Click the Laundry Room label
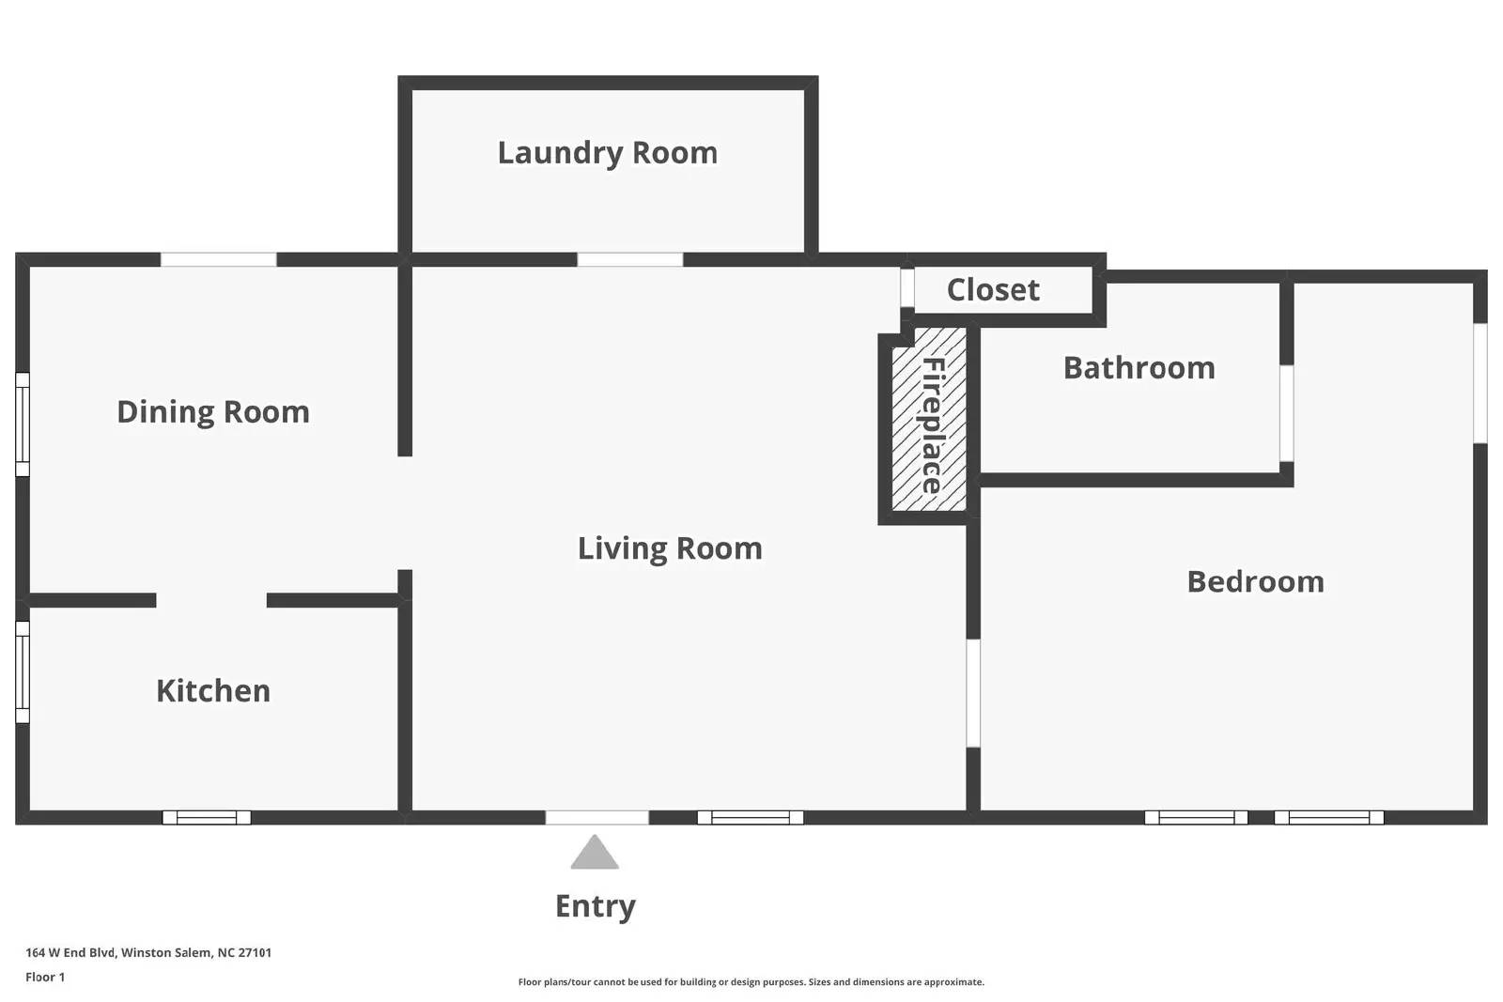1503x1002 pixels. (x=607, y=154)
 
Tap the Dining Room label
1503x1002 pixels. (x=213, y=412)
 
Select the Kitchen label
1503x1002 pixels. (x=213, y=691)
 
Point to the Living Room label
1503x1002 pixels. (x=670, y=549)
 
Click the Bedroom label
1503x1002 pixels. (x=1255, y=581)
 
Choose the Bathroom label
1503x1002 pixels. (x=1139, y=367)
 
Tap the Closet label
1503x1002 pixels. (x=993, y=290)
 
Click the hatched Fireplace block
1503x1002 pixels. (x=929, y=419)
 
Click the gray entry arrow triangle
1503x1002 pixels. (x=595, y=853)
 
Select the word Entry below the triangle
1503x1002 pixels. (x=596, y=907)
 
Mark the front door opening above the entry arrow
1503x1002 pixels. (x=597, y=818)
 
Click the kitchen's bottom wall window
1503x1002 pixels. (x=207, y=818)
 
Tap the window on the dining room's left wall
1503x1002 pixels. (x=23, y=424)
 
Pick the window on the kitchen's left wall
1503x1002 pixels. (x=23, y=672)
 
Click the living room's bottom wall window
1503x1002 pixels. (x=751, y=818)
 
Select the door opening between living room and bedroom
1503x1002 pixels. (x=973, y=693)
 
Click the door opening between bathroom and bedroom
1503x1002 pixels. (x=1286, y=413)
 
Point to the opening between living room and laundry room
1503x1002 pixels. (x=630, y=259)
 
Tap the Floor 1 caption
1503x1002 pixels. (x=46, y=978)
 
